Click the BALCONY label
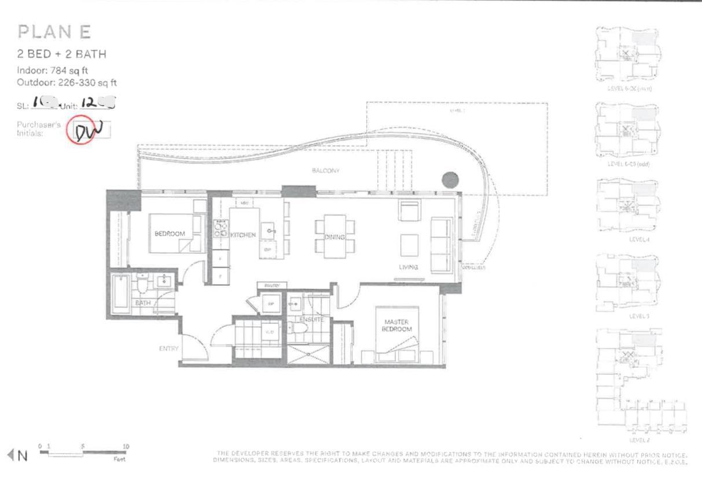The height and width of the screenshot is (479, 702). coord(325,171)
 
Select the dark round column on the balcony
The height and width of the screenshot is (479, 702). coord(450,180)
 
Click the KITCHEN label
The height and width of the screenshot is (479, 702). coord(243,235)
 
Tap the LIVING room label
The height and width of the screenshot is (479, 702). coord(409,267)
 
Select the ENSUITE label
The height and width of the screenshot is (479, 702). coord(311,319)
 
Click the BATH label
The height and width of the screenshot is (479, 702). coord(142,303)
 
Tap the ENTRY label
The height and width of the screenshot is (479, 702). coord(168,349)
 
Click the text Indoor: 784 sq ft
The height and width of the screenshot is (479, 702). coord(52,71)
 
